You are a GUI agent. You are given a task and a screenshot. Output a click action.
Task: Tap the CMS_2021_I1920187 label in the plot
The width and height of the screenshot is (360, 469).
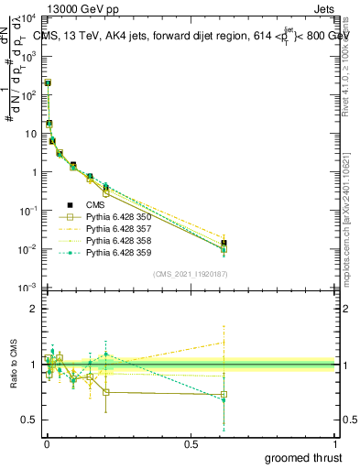190,274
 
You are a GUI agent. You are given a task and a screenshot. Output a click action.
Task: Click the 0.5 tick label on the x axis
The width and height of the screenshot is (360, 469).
191,444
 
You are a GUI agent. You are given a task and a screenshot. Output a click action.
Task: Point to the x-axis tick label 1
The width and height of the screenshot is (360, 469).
335,444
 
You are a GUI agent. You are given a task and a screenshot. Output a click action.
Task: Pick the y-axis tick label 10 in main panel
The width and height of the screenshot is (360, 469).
31,134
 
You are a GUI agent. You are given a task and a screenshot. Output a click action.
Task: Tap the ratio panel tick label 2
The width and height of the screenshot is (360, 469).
34,309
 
